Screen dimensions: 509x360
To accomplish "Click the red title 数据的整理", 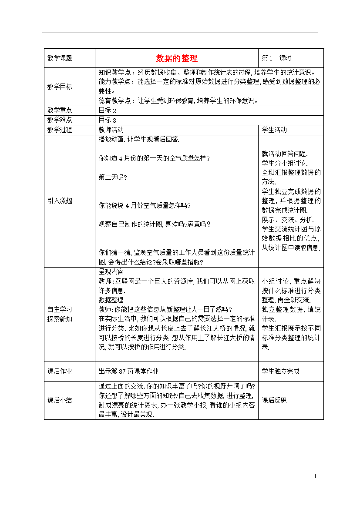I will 177,58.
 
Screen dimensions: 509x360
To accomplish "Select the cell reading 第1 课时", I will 276,58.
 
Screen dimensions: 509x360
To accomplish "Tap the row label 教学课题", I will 60,58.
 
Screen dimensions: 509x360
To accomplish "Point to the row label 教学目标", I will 60,87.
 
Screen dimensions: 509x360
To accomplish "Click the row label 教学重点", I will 60,111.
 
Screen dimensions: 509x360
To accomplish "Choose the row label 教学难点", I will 60,120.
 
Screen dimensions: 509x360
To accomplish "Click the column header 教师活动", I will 111,130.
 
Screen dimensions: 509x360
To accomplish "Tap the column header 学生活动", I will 274,130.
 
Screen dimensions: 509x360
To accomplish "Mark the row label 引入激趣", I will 60,201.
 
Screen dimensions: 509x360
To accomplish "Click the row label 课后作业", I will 60,372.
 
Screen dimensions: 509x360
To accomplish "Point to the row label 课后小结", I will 60,400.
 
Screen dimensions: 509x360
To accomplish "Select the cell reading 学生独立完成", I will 280,372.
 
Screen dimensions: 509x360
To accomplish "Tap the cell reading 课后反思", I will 274,400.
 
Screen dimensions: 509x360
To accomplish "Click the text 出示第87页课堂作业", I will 128,372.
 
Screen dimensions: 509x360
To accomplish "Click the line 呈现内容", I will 111,271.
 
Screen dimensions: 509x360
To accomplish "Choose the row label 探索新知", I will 60,319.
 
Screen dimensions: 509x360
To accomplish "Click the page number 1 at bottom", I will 315,477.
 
